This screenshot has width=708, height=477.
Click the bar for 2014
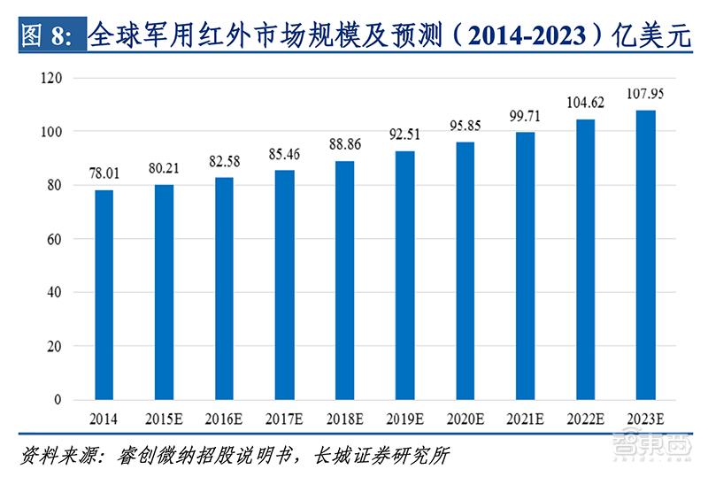coord(104,295)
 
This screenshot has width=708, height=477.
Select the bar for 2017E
coord(284,284)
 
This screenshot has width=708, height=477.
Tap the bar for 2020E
coord(465,271)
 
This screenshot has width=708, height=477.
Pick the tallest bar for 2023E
coord(646,255)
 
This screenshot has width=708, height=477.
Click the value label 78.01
coord(104,174)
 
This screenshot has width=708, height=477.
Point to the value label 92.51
coord(404,135)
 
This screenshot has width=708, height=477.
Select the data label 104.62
coord(586,104)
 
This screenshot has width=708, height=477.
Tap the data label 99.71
coord(526,116)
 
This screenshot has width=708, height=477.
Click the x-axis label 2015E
coord(164,417)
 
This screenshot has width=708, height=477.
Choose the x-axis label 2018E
coord(344,417)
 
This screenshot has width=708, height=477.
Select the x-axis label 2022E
coord(586,417)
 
